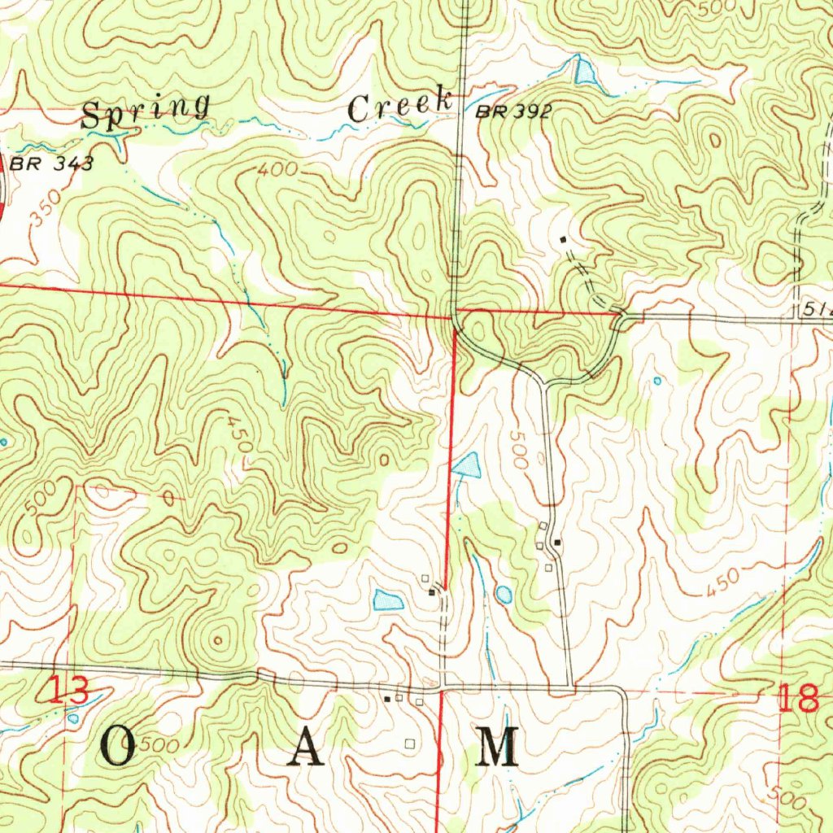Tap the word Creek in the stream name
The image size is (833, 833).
click(x=400, y=106)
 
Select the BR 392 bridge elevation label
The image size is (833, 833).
click(x=513, y=112)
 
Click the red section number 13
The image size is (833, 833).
click(x=68, y=693)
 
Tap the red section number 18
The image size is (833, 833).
click(x=797, y=698)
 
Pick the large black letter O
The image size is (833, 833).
click(x=120, y=747)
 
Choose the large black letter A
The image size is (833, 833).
click(x=307, y=747)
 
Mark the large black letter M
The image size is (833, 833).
click(x=497, y=747)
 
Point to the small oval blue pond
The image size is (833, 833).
click(x=504, y=595)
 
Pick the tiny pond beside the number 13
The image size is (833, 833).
click(x=74, y=717)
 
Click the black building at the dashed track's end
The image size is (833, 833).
click(x=563, y=240)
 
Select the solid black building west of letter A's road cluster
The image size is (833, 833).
click(x=388, y=698)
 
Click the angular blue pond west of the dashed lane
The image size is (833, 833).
click(x=387, y=601)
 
